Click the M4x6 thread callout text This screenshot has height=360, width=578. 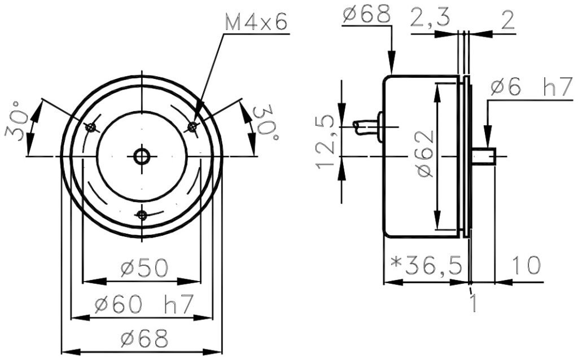point(256,23)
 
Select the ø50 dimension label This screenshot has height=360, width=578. point(144,268)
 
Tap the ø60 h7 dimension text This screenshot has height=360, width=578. point(144,304)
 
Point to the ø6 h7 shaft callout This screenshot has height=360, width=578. point(532,87)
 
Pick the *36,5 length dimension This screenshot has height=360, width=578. point(427,266)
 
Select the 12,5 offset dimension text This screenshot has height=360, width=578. point(326,142)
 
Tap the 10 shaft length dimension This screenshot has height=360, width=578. point(527,265)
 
